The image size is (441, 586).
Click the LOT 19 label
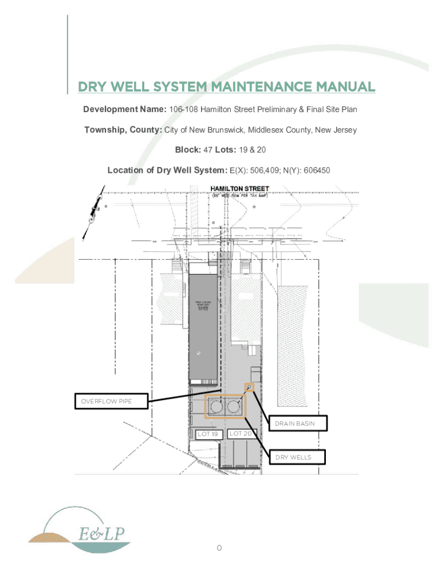[208, 434]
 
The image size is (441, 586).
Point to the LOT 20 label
[241, 434]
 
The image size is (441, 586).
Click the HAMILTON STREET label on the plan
[240, 188]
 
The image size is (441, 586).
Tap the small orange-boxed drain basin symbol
[249, 387]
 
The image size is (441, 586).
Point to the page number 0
[219, 549]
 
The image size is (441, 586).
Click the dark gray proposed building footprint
[204, 326]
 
